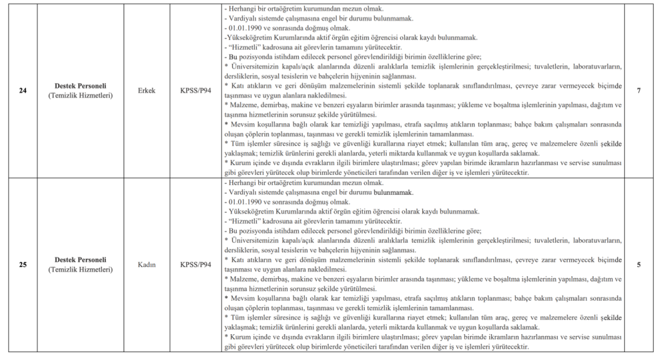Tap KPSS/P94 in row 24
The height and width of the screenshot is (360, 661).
196,91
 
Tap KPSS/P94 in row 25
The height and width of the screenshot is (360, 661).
196,264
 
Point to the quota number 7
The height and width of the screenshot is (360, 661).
638,91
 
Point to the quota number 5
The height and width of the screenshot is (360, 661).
638,264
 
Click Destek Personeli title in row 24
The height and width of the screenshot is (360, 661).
81,86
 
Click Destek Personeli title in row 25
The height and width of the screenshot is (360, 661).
81,259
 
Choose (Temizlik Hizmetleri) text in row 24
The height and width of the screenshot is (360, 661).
81,95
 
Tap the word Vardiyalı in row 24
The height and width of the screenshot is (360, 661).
242,19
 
